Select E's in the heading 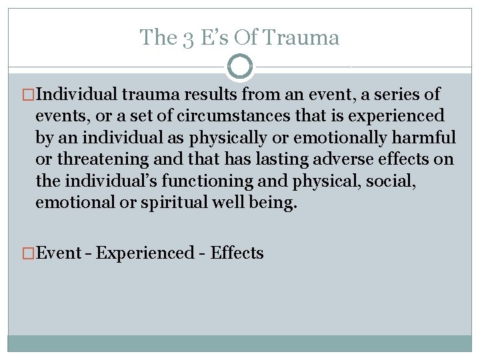pos(214,38)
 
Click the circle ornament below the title pos(240,66)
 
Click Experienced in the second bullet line pos(145,253)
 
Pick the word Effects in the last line pos(237,253)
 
